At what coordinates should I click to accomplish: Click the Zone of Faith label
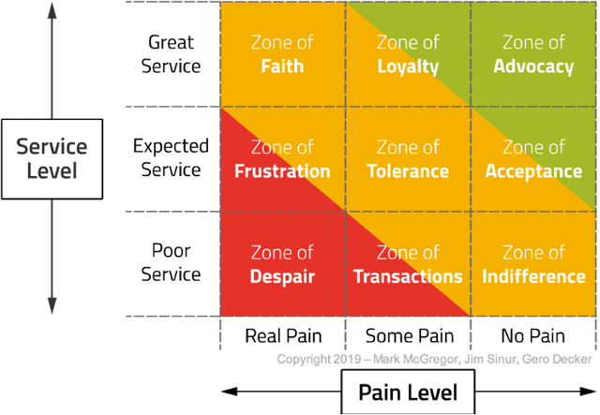pyautogui.click(x=282, y=54)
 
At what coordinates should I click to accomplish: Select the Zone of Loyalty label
pyautogui.click(x=408, y=54)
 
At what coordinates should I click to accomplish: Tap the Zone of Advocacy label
pyautogui.click(x=533, y=54)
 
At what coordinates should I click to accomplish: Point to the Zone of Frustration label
pyautogui.click(x=282, y=159)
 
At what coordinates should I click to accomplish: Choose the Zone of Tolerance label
pyautogui.click(x=408, y=159)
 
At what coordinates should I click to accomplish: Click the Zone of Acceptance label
pyautogui.click(x=533, y=159)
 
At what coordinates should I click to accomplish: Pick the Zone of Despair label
pyautogui.click(x=282, y=264)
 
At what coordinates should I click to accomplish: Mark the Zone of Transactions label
pyautogui.click(x=408, y=264)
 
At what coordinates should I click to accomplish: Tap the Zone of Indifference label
pyautogui.click(x=533, y=264)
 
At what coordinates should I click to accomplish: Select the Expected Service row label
pyautogui.click(x=167, y=158)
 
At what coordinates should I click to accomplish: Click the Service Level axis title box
pyautogui.click(x=52, y=158)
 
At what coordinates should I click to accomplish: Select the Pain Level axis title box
pyautogui.click(x=409, y=392)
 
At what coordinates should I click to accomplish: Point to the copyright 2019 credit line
pyautogui.click(x=434, y=359)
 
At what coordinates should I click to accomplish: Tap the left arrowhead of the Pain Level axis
pyautogui.click(x=226, y=392)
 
